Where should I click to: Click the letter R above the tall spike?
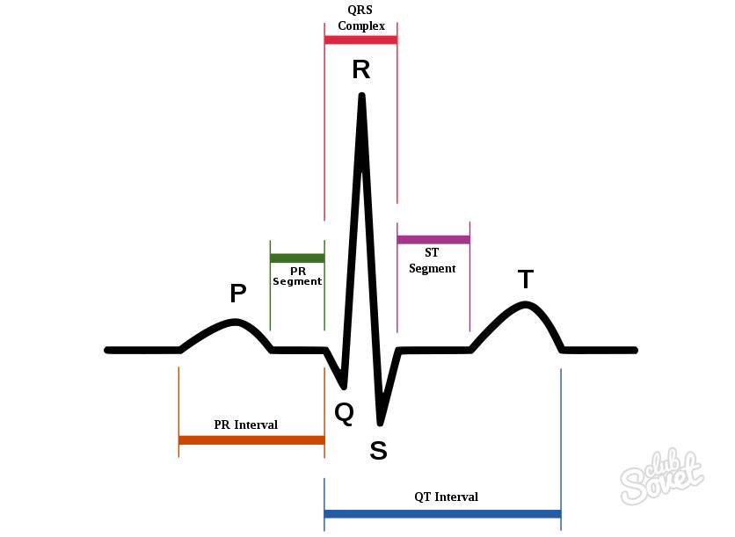tap(361, 69)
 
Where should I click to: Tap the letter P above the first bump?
tap(238, 294)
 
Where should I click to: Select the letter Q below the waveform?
tap(345, 413)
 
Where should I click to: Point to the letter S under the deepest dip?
tap(378, 450)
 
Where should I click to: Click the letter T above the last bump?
tap(526, 279)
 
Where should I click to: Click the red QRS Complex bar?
tap(360, 40)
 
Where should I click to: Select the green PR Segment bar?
tap(297, 258)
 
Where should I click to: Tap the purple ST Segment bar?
tap(433, 239)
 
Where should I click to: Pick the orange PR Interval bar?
tap(251, 440)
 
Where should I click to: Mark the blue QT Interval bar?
tap(442, 513)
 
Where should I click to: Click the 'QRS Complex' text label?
tap(361, 18)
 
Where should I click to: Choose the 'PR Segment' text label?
tap(297, 277)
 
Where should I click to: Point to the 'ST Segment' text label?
tap(433, 260)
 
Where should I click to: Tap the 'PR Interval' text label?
tap(245, 425)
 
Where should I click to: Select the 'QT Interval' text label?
tap(447, 497)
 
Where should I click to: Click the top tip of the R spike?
tap(362, 95)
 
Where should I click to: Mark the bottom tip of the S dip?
tap(380, 423)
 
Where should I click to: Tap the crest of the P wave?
tap(236, 322)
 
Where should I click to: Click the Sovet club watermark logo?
tap(662, 476)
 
